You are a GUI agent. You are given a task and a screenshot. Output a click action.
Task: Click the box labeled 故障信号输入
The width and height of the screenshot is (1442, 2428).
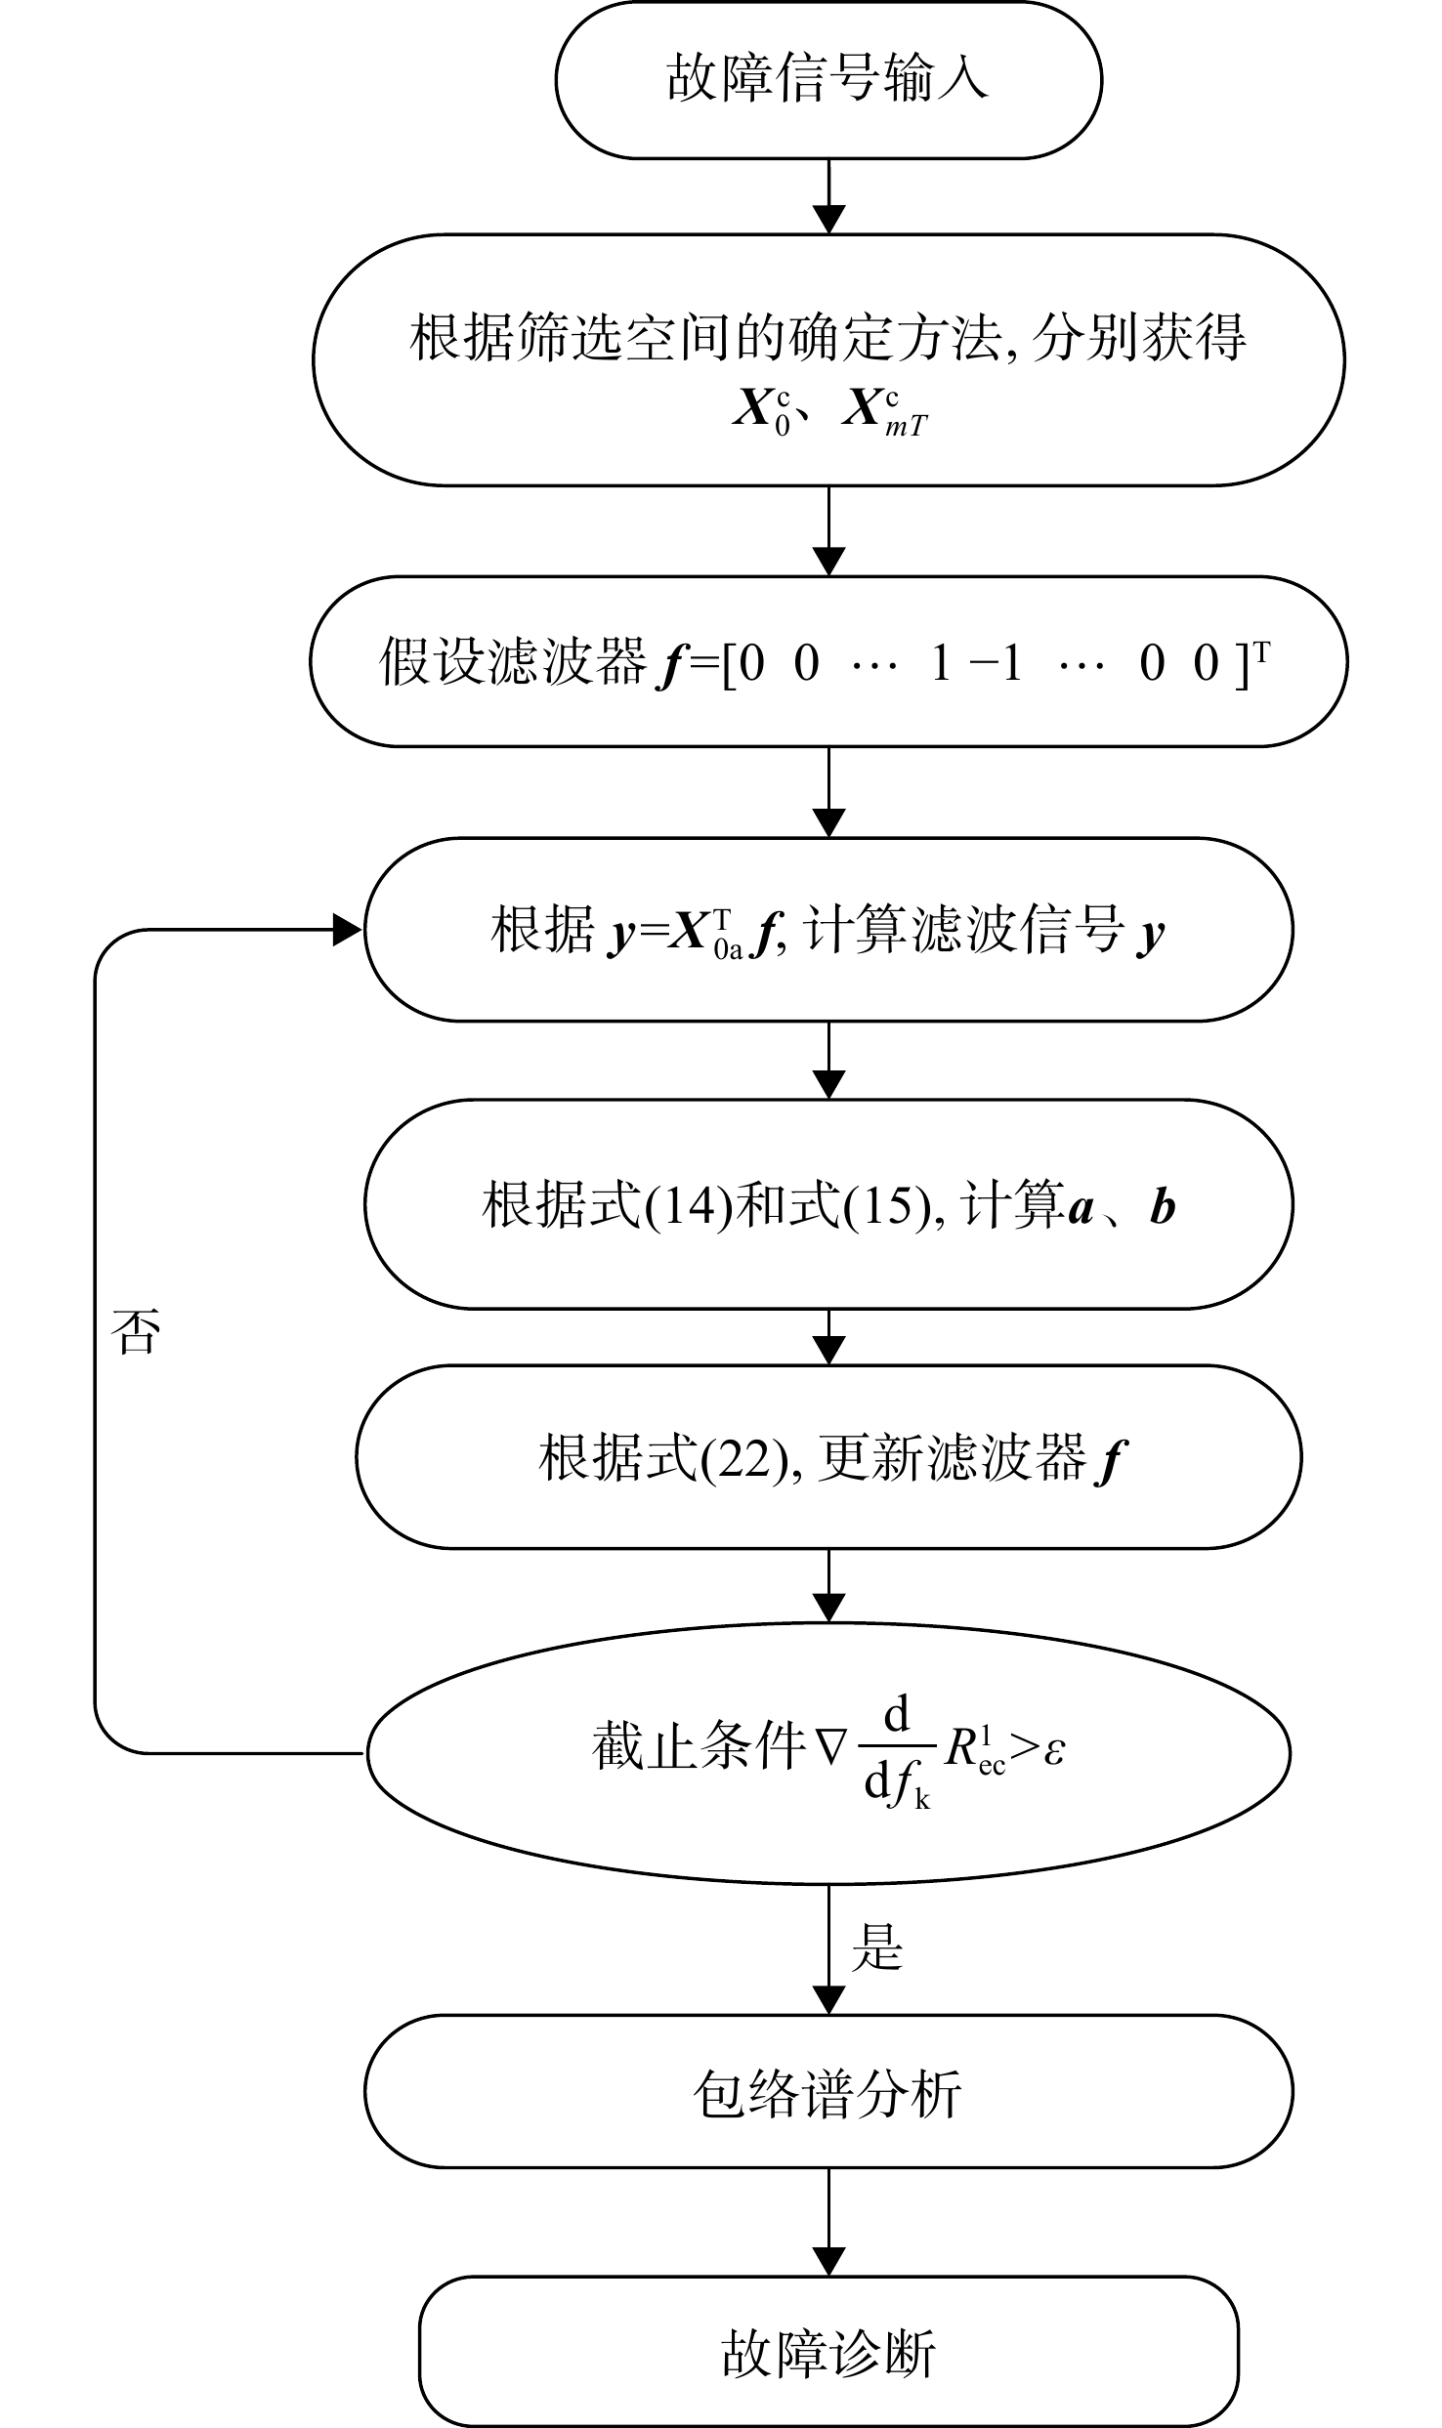(x=828, y=80)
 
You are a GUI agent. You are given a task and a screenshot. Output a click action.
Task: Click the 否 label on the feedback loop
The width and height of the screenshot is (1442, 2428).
(x=136, y=1330)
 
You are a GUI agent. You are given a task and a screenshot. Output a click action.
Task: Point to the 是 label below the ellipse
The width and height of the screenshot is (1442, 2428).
(x=876, y=1947)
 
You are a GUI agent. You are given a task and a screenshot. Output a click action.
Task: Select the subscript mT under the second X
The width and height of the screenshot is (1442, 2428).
(x=907, y=427)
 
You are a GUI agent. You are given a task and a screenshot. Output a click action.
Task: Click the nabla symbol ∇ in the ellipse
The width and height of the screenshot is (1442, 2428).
(x=831, y=1747)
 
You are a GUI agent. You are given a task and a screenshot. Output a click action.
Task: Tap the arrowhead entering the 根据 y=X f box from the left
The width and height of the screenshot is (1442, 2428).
(x=348, y=930)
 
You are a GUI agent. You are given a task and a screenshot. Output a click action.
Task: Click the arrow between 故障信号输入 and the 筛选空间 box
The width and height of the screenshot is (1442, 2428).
(x=828, y=196)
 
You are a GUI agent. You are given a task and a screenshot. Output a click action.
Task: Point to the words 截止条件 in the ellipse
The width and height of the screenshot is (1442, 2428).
(x=699, y=1747)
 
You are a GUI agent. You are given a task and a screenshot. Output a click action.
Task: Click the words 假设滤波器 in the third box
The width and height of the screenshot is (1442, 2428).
(x=513, y=662)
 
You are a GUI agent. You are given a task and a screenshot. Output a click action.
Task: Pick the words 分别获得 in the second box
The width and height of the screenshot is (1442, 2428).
(x=1139, y=337)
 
